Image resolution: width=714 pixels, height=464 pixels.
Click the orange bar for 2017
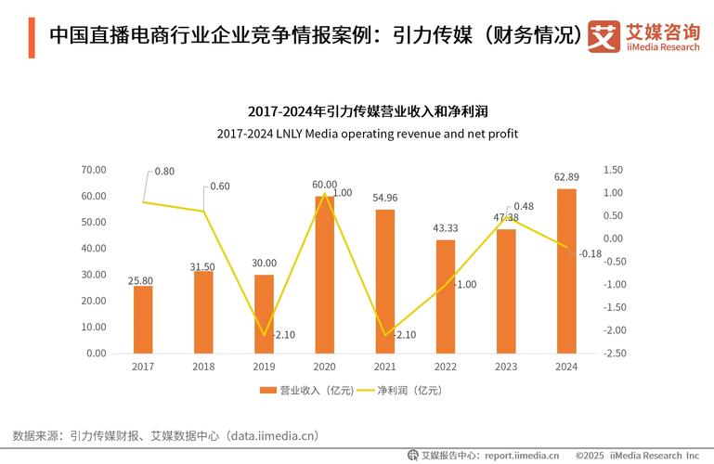[x=143, y=319]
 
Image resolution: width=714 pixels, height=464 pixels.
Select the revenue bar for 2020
[x=324, y=275]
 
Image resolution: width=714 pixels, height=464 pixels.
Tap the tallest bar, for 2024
[x=566, y=271]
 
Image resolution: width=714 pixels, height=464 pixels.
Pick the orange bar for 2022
[x=446, y=297]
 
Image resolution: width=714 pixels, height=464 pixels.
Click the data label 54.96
[x=384, y=199]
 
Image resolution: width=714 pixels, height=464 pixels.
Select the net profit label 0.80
[x=164, y=172]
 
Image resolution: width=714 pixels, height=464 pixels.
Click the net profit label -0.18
[x=591, y=253]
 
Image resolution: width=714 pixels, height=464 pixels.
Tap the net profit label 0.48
[x=524, y=206]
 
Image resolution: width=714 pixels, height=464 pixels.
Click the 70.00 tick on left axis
[x=95, y=170]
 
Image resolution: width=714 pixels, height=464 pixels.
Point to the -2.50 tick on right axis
[x=615, y=354]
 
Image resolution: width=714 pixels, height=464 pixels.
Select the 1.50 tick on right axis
[x=613, y=170]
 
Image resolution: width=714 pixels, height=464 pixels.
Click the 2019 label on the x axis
[x=264, y=367]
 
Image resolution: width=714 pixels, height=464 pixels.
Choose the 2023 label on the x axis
[x=506, y=367]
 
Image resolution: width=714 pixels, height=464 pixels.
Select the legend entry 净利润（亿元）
[x=404, y=391]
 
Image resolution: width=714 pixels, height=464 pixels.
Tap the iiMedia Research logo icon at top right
[x=604, y=37]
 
